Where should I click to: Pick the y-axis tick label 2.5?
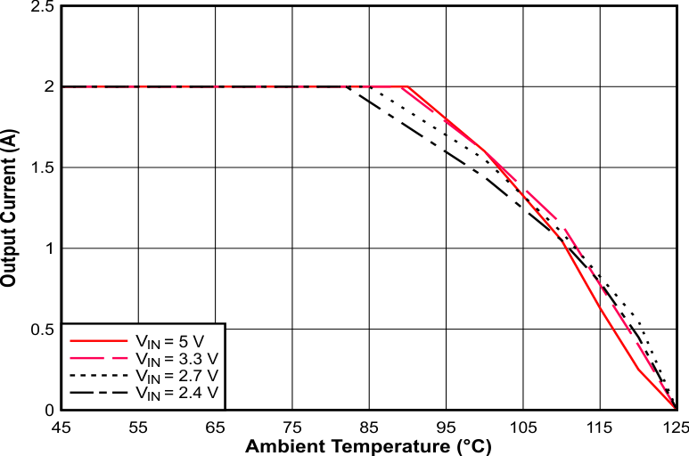tap(42, 8)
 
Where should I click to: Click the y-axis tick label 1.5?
tap(42, 168)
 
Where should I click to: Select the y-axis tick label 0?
tap(49, 411)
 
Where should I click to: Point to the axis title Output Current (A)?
tap(10, 209)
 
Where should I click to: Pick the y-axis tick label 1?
tap(49, 249)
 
